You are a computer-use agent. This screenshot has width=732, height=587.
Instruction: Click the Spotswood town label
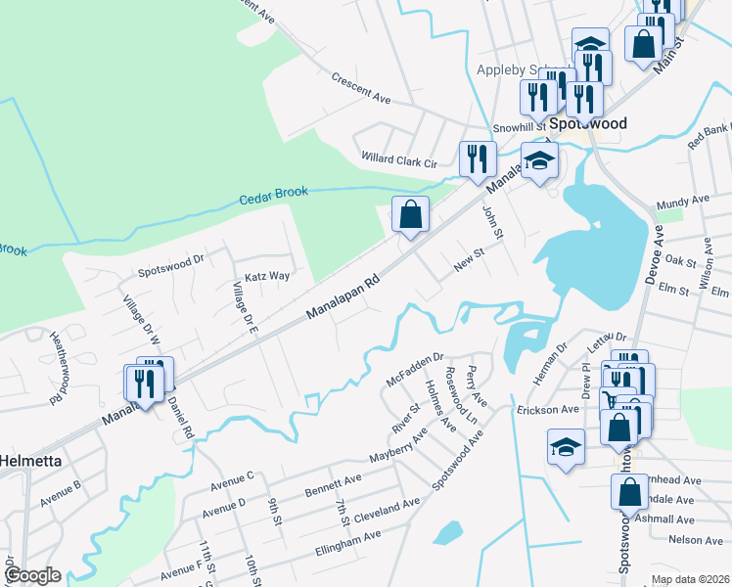[587, 124]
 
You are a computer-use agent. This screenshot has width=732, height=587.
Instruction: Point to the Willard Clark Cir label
[398, 158]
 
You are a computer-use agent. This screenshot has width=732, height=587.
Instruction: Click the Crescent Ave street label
[360, 87]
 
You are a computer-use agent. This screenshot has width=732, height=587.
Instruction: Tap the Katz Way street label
[267, 277]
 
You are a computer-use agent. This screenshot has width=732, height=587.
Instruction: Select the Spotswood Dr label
[170, 261]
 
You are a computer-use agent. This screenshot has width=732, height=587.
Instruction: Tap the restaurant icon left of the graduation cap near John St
[478, 158]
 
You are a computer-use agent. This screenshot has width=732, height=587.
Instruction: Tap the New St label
[469, 260]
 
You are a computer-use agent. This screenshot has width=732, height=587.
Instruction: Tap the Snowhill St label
[518, 127]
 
